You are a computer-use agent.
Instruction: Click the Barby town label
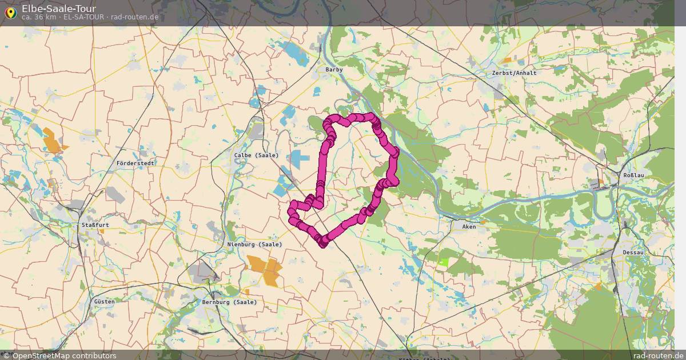pos(334,70)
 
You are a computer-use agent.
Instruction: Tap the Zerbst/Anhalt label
pos(514,73)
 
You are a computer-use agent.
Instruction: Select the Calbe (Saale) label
pos(256,155)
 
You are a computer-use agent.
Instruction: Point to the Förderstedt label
pos(135,163)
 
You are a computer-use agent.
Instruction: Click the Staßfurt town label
pos(95,225)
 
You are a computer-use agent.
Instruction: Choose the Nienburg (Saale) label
pos(255,245)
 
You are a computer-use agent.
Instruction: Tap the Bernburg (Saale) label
pos(229,302)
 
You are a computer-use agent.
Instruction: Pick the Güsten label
pos(104,301)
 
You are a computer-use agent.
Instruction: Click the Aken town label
pos(469,227)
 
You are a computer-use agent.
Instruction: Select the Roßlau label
pos(633,175)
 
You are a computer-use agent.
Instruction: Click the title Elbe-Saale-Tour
pos(59,9)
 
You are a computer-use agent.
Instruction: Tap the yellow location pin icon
pos(10,12)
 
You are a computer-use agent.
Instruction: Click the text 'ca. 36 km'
pos(39,17)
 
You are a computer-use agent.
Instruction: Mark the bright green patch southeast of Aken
pos(444,262)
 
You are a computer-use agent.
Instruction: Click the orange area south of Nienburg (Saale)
pos(265,270)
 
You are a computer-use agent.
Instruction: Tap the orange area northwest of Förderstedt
pos(53,141)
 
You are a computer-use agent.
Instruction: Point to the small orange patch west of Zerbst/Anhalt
pos(506,60)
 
